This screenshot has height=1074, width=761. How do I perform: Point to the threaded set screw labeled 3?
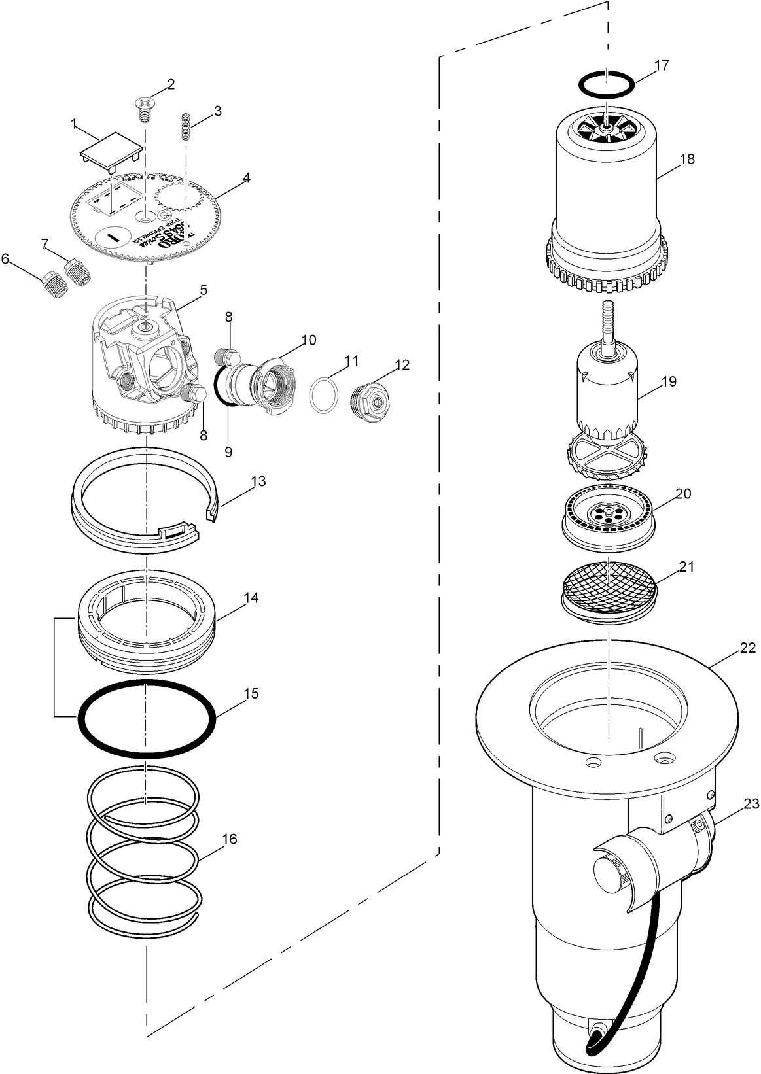186,126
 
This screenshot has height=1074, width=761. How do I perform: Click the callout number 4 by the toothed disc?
246,177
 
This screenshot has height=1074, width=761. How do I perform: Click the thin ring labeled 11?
324,396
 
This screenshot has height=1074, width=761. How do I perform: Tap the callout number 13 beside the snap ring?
258,481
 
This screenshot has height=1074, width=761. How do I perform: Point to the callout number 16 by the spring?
229,839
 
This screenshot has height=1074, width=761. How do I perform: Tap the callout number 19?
669,381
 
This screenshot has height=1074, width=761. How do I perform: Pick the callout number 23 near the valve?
751,804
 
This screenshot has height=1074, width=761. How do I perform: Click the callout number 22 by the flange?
748,648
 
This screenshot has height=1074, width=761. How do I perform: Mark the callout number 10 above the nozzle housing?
308,339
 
